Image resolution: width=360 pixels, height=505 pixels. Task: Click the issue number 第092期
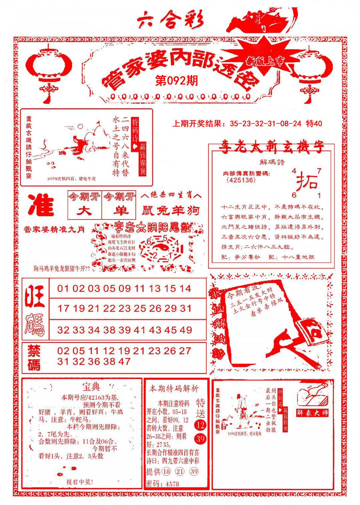(x=177, y=80)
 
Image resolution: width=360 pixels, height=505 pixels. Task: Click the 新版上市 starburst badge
(x=265, y=60)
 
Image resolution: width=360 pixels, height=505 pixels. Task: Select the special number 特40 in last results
(x=314, y=124)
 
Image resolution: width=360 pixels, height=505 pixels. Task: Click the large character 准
(x=41, y=205)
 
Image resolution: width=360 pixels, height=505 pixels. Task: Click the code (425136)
(x=241, y=180)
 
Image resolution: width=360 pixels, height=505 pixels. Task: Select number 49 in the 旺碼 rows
(x=186, y=330)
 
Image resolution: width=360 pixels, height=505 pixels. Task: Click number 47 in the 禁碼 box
(x=124, y=361)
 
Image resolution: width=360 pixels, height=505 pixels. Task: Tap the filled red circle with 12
(x=200, y=425)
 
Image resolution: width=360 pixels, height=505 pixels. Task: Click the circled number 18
(x=166, y=471)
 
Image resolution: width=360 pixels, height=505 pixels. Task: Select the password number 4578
(x=172, y=484)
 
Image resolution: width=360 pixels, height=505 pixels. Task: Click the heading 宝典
(x=91, y=387)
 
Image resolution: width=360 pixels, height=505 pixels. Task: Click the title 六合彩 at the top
(x=170, y=21)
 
